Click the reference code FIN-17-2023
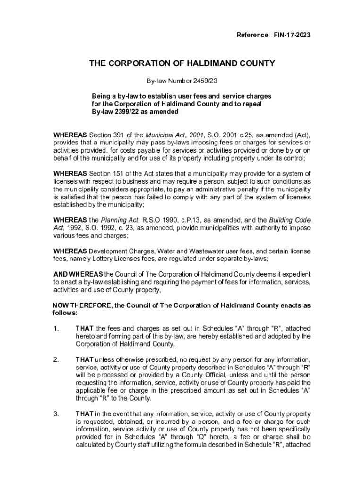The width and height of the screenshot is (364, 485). (x=292, y=36)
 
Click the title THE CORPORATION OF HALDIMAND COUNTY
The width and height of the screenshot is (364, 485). (x=182, y=63)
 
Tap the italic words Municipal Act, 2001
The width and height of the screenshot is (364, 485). (x=171, y=135)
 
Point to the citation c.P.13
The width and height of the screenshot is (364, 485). (x=191, y=220)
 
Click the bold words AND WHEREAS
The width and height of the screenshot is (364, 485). (x=78, y=274)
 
